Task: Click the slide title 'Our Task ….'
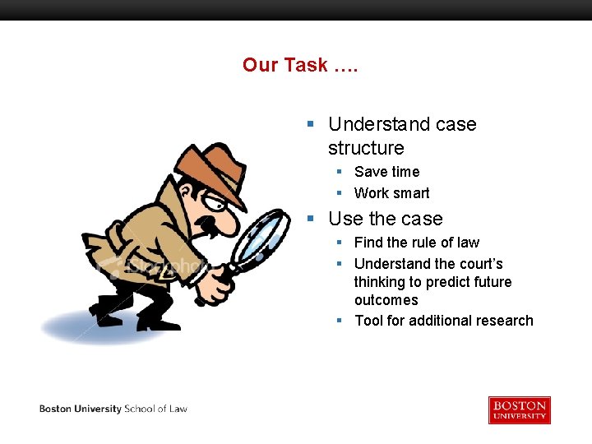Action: (300, 65)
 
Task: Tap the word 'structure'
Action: (366, 148)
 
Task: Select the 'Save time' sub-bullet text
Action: (386, 172)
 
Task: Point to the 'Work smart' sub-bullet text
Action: (391, 193)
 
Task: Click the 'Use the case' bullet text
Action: (385, 219)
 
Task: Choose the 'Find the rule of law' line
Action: (416, 243)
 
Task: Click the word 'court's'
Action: (481, 264)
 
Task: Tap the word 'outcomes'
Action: (386, 300)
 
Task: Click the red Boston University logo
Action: (519, 409)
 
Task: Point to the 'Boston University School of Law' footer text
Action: (113, 409)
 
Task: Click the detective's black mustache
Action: (212, 224)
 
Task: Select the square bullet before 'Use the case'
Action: (310, 219)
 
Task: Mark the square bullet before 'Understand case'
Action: (310, 124)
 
